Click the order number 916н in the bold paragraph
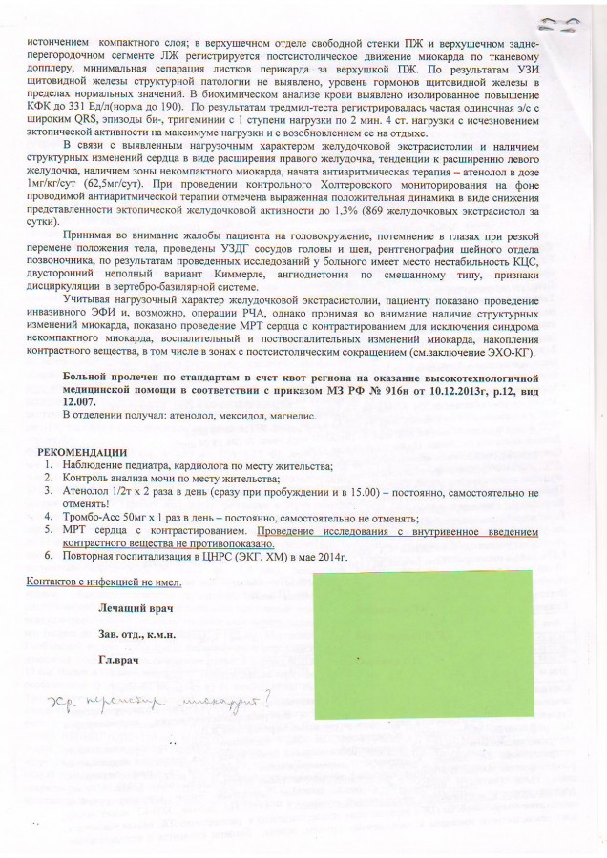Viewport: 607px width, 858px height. (x=371, y=391)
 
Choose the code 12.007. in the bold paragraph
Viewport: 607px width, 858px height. (x=81, y=403)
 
